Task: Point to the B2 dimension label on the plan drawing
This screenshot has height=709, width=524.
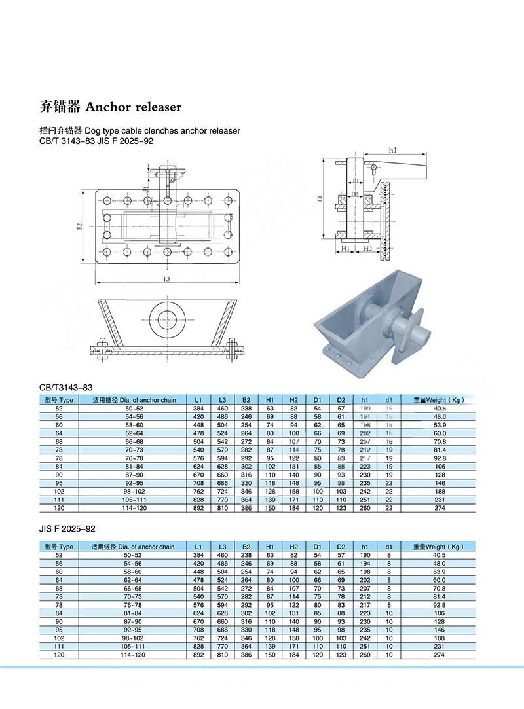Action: (x=79, y=226)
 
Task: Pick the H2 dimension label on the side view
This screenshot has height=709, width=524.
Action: (x=368, y=249)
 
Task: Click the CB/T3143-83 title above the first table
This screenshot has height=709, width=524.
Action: (x=64, y=388)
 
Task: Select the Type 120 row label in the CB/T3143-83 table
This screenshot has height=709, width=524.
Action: (x=59, y=508)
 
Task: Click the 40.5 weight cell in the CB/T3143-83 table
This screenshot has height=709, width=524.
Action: (x=438, y=408)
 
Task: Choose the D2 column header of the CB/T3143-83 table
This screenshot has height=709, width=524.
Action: (x=341, y=399)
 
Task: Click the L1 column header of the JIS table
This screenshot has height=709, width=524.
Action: (x=198, y=547)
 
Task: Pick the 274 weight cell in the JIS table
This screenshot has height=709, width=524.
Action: (x=438, y=655)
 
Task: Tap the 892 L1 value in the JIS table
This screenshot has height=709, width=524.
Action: (x=198, y=655)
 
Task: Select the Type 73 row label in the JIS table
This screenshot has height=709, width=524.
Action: (x=59, y=596)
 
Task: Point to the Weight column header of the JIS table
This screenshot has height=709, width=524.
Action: (x=438, y=547)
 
